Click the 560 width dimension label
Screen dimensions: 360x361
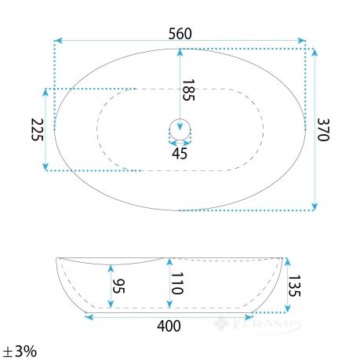click(x=180, y=34)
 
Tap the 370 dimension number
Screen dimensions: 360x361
click(x=323, y=129)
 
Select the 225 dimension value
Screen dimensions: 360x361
click(x=37, y=129)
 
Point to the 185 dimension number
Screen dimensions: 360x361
click(x=188, y=90)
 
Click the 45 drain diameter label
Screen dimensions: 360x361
click(x=180, y=154)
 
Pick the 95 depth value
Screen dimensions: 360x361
click(x=118, y=286)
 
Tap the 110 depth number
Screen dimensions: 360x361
click(x=177, y=283)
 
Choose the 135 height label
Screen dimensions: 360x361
click(x=294, y=286)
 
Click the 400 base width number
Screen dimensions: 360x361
click(x=169, y=326)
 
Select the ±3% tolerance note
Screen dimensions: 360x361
click(x=20, y=352)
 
